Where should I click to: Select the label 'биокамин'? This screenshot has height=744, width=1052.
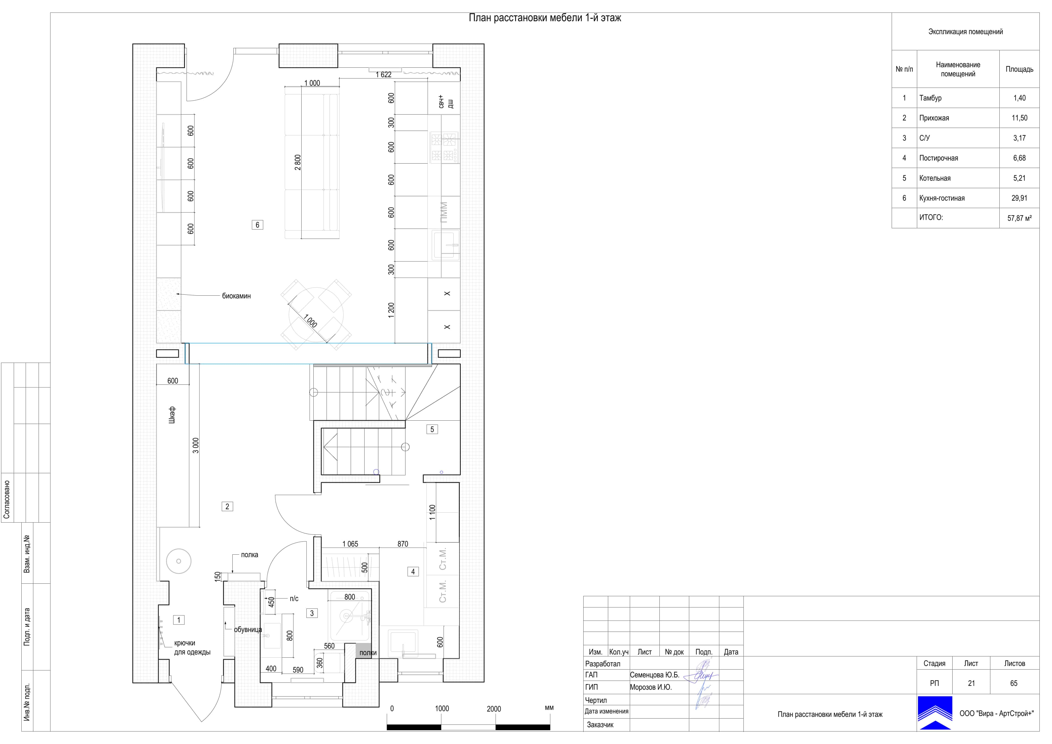(x=236, y=296)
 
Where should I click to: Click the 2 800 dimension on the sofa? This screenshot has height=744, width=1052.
(x=298, y=162)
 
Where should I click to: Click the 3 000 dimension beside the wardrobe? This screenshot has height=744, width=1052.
(x=196, y=446)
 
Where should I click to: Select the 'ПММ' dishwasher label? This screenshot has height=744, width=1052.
(x=444, y=212)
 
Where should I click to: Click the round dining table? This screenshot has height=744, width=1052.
(x=316, y=315)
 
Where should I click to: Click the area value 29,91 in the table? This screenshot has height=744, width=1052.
(x=1019, y=198)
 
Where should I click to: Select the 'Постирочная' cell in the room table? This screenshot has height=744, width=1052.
(x=938, y=158)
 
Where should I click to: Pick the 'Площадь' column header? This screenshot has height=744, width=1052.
(x=1019, y=69)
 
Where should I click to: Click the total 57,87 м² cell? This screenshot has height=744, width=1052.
(x=1019, y=218)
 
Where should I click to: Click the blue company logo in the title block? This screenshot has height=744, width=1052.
(x=935, y=713)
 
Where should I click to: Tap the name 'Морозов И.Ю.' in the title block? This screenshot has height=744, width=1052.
(x=651, y=687)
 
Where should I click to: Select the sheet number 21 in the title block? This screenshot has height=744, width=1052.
(x=971, y=683)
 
